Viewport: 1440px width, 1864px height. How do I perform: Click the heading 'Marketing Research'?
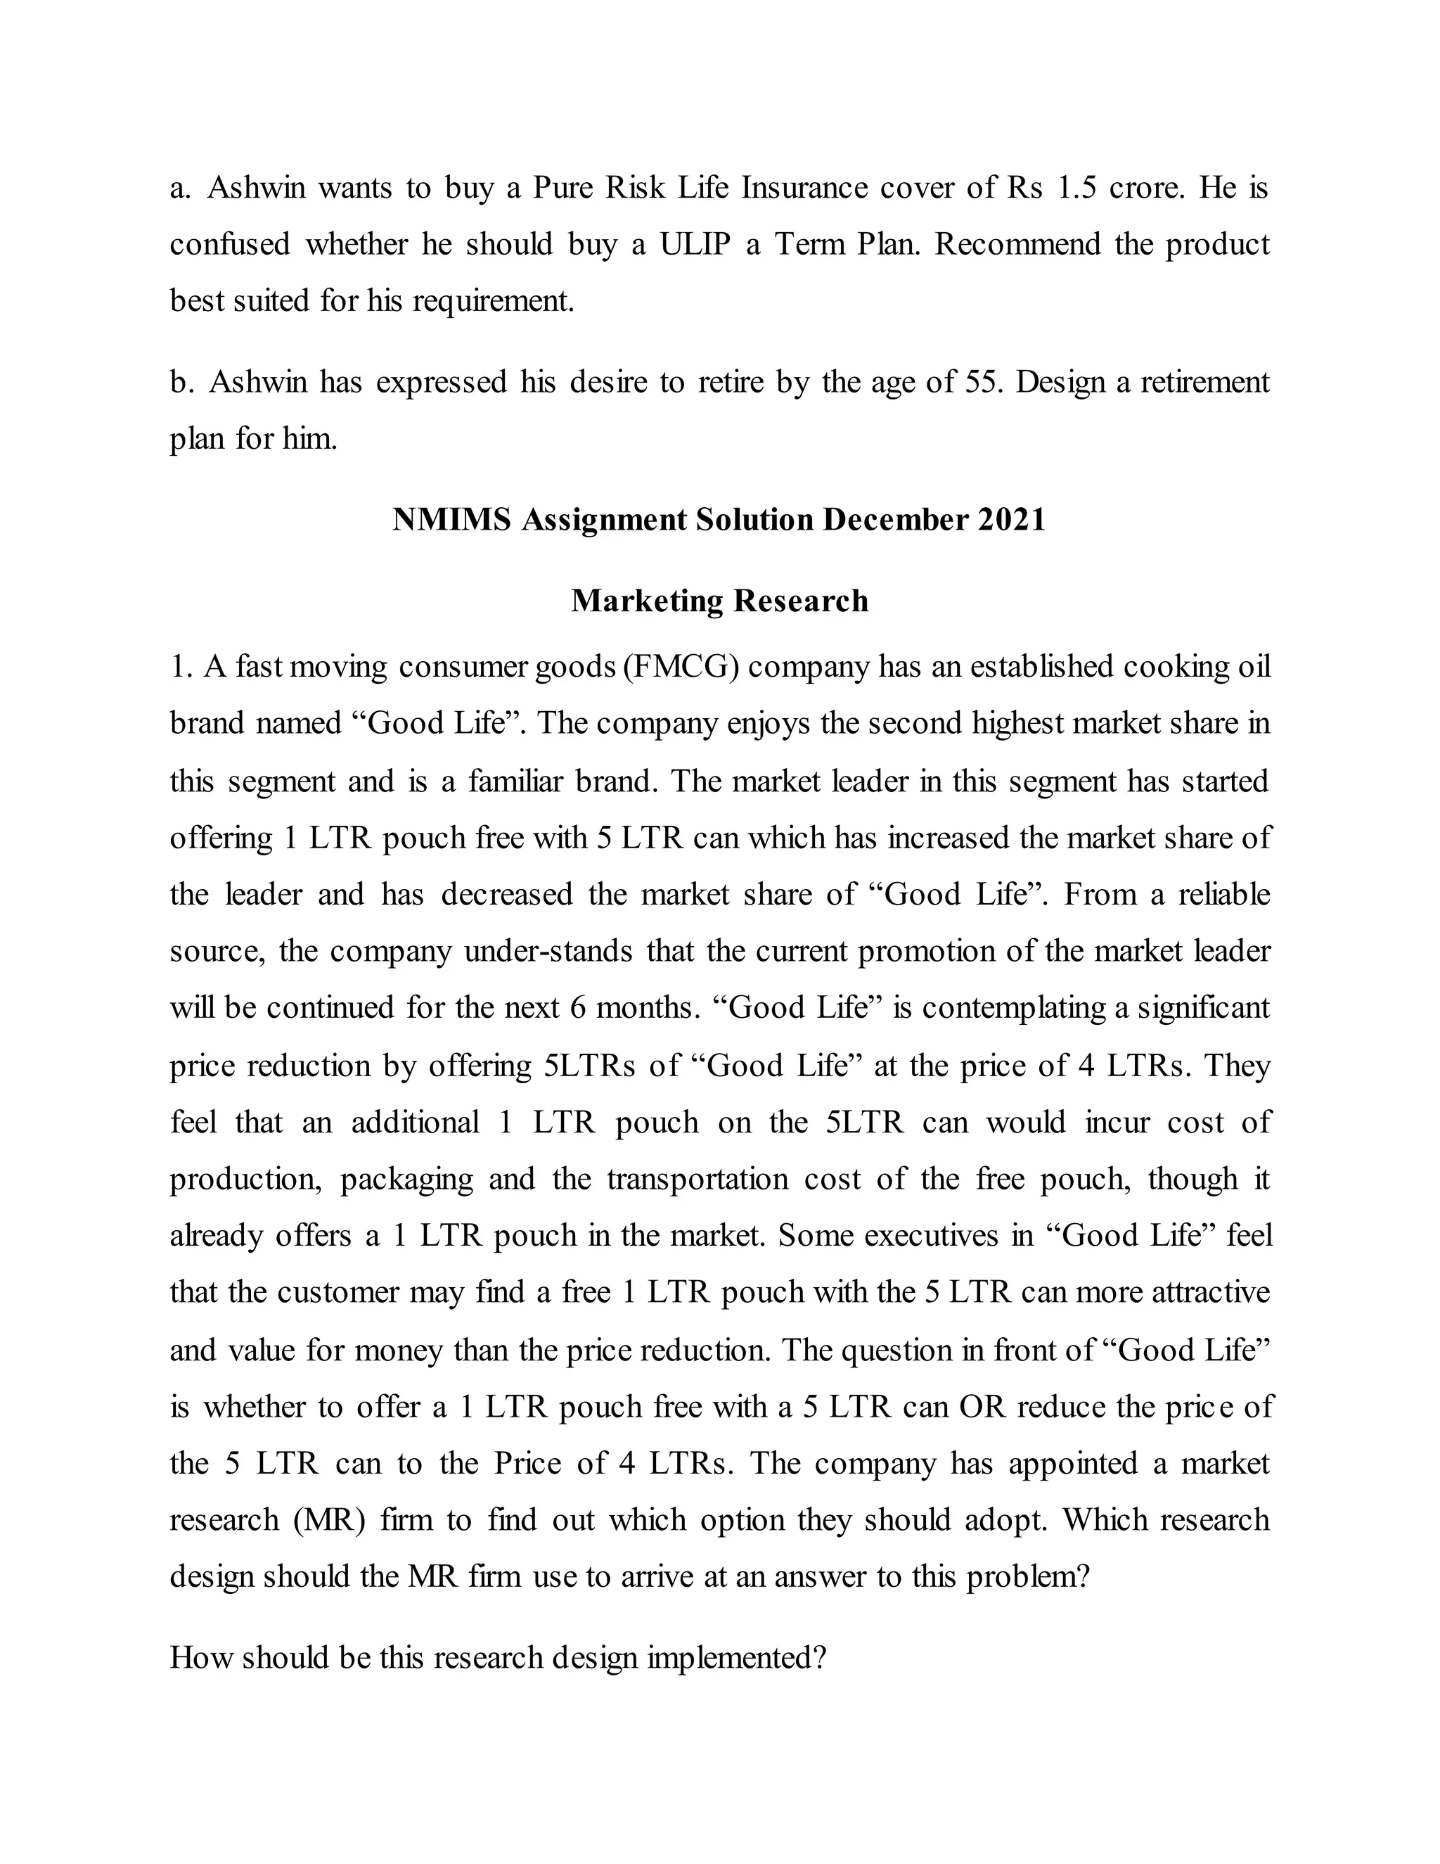(x=719, y=601)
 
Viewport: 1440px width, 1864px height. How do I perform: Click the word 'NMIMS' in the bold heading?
(x=451, y=520)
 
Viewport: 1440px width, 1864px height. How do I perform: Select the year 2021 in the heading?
(x=1012, y=520)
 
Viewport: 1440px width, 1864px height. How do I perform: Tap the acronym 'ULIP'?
(x=695, y=245)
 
